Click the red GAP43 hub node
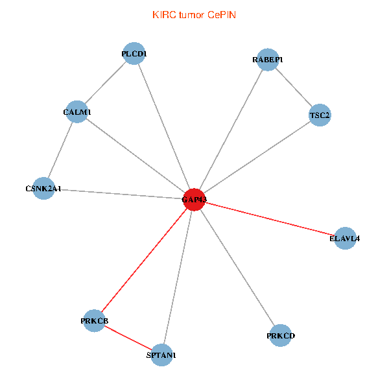(194, 200)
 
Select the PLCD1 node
(134, 54)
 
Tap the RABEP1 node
(268, 60)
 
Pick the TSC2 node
(320, 115)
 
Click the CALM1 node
(77, 112)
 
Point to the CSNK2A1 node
(43, 189)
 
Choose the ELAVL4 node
(344, 238)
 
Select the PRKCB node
(95, 321)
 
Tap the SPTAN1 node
(161, 355)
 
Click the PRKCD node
(280, 335)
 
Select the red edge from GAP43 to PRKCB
(145, 260)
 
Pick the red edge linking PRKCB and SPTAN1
(128, 338)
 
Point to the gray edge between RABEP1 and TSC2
(294, 88)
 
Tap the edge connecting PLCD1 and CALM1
(106, 83)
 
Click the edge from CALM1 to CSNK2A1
(60, 150)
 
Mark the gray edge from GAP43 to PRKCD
(237, 267)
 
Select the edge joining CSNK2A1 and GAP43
(119, 194)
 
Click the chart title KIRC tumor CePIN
(194, 14)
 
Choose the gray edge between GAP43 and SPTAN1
(178, 277)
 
